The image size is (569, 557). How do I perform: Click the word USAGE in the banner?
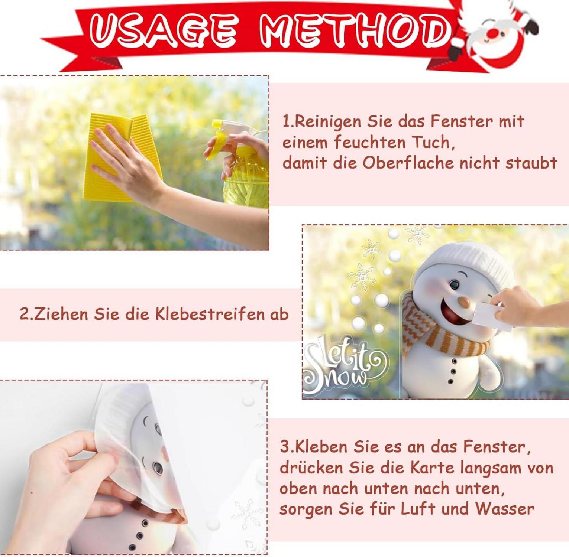tap(162, 29)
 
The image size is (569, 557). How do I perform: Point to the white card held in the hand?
tap(491, 314)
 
